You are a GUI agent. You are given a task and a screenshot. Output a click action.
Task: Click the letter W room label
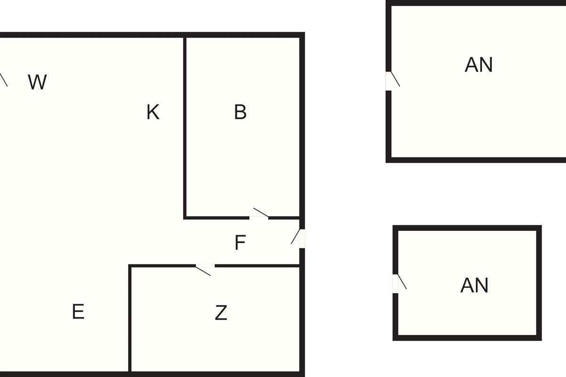tap(37, 82)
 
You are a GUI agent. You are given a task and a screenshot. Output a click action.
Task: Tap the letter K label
tap(153, 113)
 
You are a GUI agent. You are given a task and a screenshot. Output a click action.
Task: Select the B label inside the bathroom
tap(240, 113)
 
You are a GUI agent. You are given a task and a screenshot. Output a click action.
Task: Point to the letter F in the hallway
tap(240, 243)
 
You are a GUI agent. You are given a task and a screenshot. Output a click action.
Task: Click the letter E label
tap(78, 312)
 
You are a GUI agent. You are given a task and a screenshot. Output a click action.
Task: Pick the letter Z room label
tap(221, 313)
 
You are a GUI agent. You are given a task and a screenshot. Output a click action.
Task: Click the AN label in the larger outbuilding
tap(478, 65)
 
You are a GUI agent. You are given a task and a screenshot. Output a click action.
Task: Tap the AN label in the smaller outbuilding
tap(474, 286)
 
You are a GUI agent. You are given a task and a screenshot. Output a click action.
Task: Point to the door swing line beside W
tap(4, 80)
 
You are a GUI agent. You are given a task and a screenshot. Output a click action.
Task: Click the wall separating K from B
tap(185, 127)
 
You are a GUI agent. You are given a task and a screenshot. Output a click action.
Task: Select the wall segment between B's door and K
tap(217, 218)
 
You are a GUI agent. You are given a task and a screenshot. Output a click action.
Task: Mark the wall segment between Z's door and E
tap(163, 266)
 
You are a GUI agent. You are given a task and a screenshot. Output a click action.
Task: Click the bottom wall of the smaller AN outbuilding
tap(467, 337)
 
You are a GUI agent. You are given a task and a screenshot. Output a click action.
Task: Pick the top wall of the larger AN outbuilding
tap(476, 3)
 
